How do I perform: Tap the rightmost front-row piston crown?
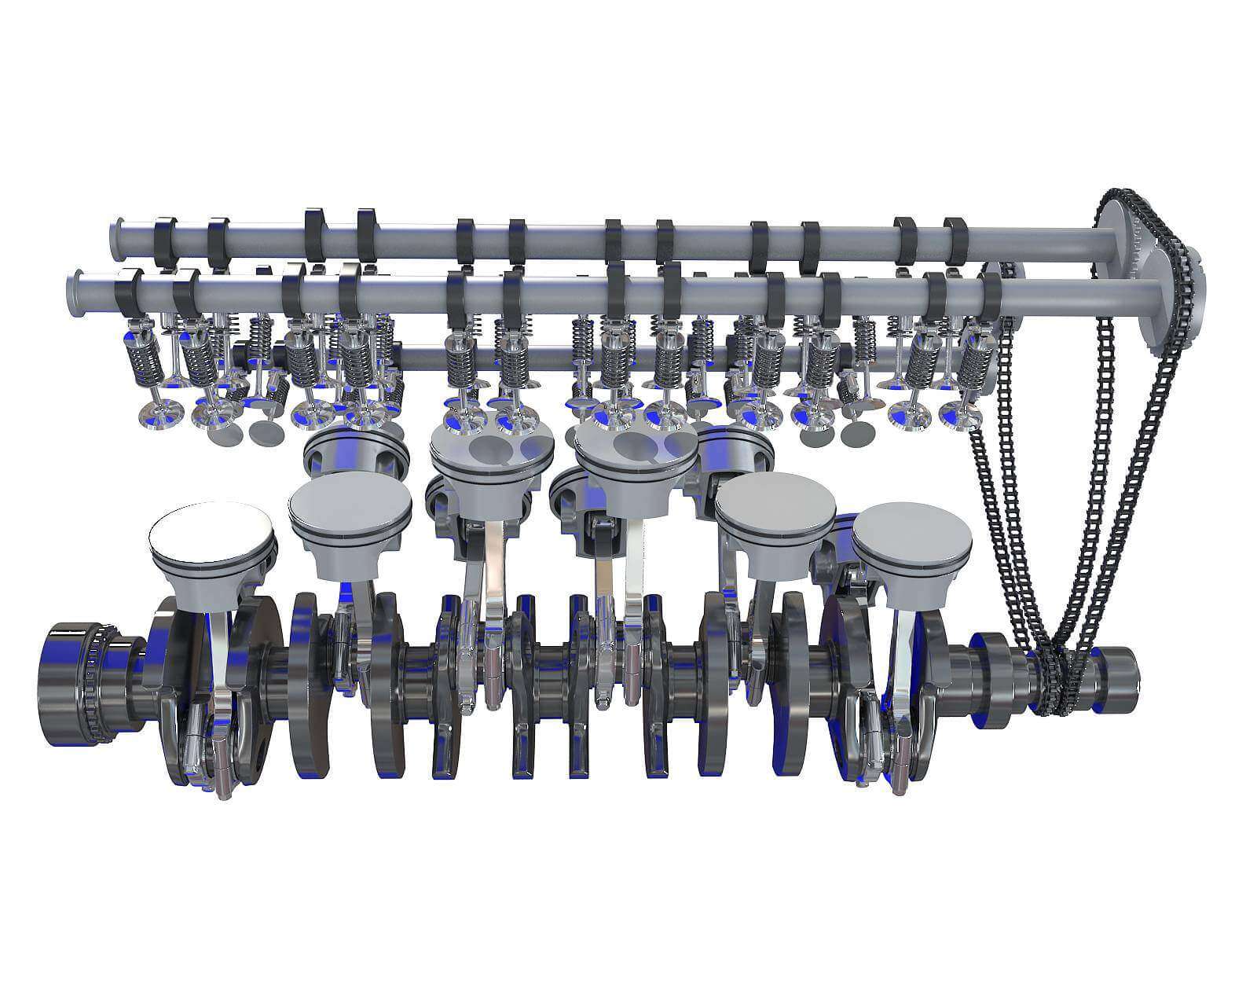(911, 540)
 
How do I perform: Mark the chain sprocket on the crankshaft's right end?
(1053, 676)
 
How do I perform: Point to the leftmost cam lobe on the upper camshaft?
(164, 241)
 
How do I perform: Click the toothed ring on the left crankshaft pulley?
(98, 684)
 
